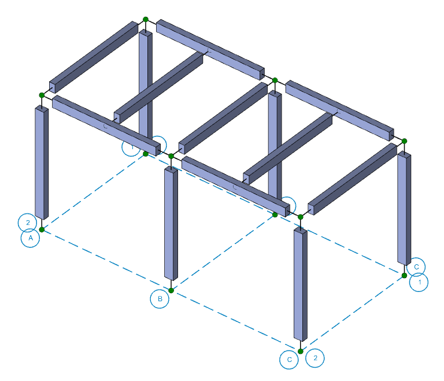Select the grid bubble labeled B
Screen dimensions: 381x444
coord(160,299)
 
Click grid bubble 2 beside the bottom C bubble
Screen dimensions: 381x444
coord(315,358)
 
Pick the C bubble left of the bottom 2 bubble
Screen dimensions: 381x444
coord(289,360)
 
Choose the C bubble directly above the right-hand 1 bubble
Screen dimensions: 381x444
coord(416,267)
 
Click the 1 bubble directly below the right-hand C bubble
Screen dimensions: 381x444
coord(419,282)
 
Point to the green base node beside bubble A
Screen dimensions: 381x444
coord(42,230)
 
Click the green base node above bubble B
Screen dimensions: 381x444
coord(171,290)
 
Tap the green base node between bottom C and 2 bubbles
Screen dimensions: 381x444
coord(301,351)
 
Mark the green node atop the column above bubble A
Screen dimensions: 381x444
coord(42,95)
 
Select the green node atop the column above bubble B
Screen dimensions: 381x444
coord(171,156)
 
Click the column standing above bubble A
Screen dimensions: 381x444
coord(41,162)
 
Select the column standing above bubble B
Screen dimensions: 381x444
coord(171,223)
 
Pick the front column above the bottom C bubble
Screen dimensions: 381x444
coord(301,283)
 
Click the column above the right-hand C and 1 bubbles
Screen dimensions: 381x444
coord(404,208)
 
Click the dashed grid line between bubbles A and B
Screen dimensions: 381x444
coord(104,259)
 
